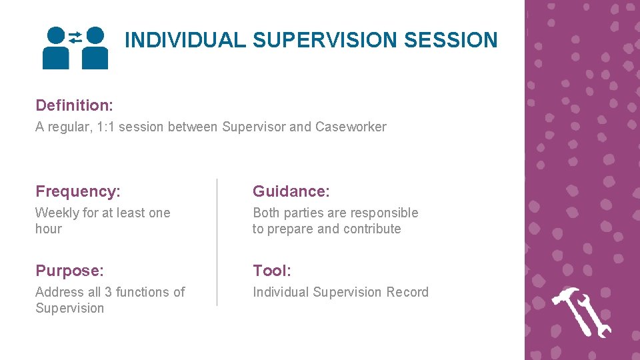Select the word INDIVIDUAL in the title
click(186, 40)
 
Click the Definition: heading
click(74, 105)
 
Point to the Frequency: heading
click(78, 192)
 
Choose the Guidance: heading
click(291, 192)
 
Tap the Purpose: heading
click(69, 271)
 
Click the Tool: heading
click(272, 271)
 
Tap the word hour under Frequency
click(48, 229)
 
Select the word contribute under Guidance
click(372, 229)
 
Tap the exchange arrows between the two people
click(75, 37)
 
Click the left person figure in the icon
click(56, 50)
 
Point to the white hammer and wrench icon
click(581, 312)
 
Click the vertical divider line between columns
click(217, 242)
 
